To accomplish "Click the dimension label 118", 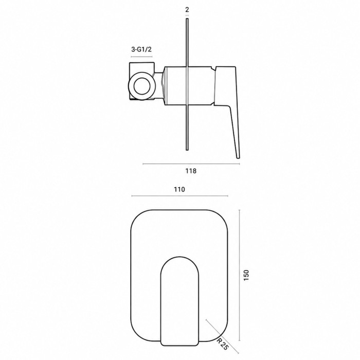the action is [191, 171].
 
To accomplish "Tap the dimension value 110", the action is [179, 189].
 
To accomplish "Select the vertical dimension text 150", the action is [246, 275].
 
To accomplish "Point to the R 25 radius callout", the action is [223, 344].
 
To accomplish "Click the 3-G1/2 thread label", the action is [141, 49].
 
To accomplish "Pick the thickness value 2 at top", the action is [187, 10].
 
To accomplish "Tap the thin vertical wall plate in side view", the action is [187, 84].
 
